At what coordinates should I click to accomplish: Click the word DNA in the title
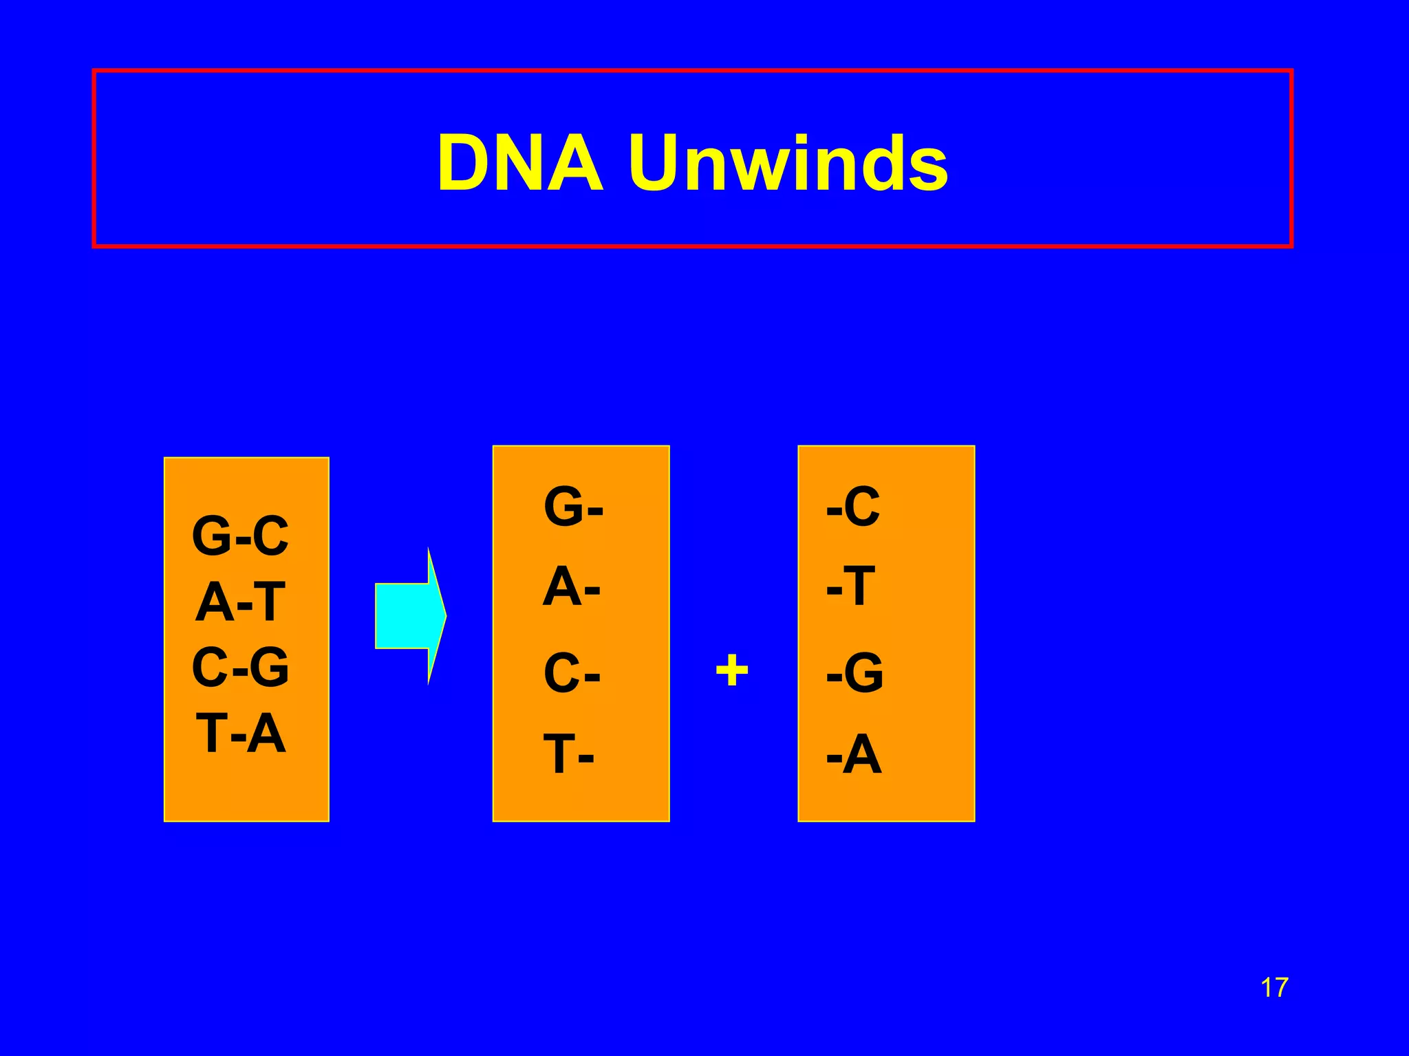click(x=520, y=164)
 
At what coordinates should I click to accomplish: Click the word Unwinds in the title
click(x=788, y=164)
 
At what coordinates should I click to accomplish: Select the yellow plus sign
click(x=731, y=670)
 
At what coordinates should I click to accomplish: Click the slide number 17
click(x=1273, y=988)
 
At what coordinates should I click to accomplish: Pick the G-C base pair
click(x=240, y=536)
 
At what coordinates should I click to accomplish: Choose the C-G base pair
click(x=240, y=667)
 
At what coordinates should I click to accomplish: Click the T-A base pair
click(x=240, y=734)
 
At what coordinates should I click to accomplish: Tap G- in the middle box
click(x=573, y=507)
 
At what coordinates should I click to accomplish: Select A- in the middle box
click(x=571, y=587)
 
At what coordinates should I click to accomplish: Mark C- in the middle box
click(x=572, y=672)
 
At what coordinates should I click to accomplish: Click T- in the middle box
click(x=568, y=754)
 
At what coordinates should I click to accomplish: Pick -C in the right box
click(x=853, y=507)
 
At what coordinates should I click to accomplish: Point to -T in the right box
click(x=851, y=586)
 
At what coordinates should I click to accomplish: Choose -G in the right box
click(x=854, y=672)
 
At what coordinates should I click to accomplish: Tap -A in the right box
click(x=854, y=754)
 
